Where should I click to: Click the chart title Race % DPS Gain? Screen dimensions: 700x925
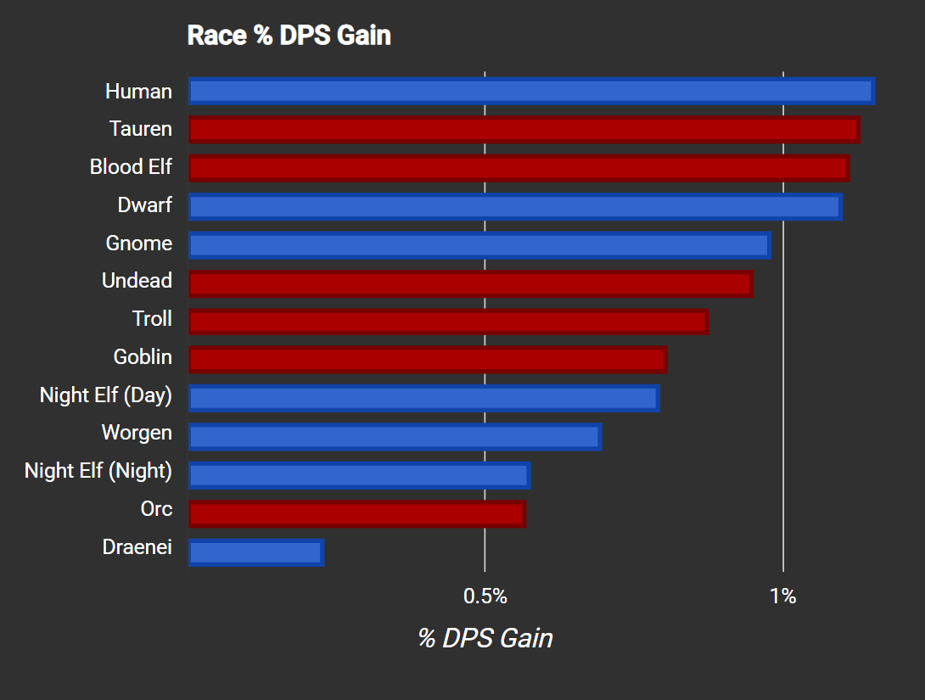click(x=289, y=36)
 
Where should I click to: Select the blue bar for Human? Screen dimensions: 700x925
click(x=531, y=92)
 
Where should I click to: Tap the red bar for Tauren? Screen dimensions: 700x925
click(x=524, y=130)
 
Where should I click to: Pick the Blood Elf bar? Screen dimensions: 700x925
click(x=519, y=168)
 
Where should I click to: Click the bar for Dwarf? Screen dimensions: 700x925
click(x=515, y=206)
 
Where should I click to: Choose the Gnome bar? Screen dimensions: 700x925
click(x=479, y=245)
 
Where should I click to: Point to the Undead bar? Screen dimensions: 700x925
click(x=470, y=283)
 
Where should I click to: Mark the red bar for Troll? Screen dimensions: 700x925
click(x=448, y=322)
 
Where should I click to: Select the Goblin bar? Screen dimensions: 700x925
click(x=427, y=360)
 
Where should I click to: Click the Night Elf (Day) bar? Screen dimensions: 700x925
click(x=423, y=398)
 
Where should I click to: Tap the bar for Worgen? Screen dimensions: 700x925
click(x=395, y=437)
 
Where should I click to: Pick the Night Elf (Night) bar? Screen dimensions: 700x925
click(x=359, y=475)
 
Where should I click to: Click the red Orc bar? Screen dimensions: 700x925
click(x=356, y=513)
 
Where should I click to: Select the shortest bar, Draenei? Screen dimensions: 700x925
click(x=255, y=552)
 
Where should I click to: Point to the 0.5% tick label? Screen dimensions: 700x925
click(x=485, y=596)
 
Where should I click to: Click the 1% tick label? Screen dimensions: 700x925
click(x=783, y=596)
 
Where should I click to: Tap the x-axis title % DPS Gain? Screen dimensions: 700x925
click(x=485, y=638)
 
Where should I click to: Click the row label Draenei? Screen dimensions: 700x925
click(x=137, y=547)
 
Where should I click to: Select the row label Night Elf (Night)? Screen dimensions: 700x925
click(x=98, y=471)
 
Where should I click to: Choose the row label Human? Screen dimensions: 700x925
click(x=138, y=92)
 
